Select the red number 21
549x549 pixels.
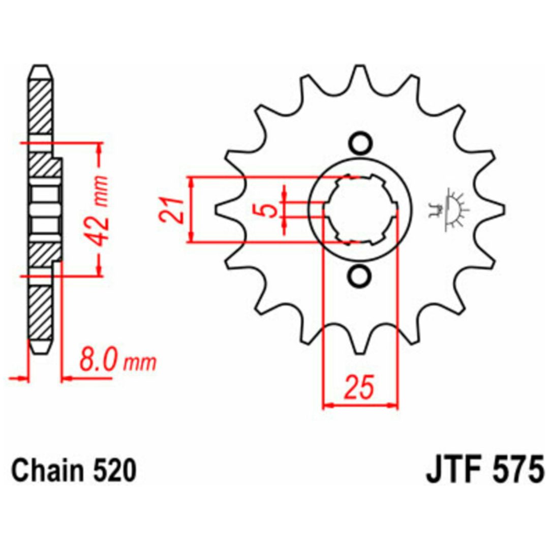[x=172, y=210]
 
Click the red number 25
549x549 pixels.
[x=359, y=387]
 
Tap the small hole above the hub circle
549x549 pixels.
[x=359, y=143]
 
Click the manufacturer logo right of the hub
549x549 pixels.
[x=449, y=210]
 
